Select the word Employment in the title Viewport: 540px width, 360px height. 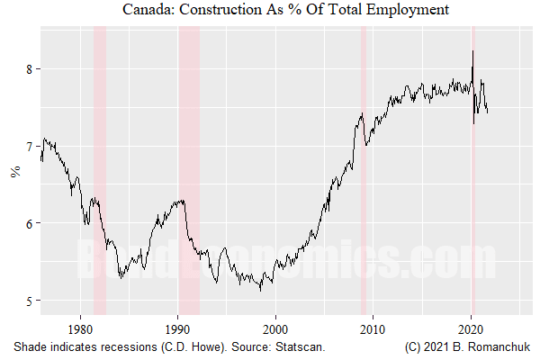coord(403,10)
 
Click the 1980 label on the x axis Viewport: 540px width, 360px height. coord(81,329)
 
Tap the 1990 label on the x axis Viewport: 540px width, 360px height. coord(178,329)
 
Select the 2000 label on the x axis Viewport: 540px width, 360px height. coord(276,329)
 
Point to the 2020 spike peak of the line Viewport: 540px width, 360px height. coord(472,51)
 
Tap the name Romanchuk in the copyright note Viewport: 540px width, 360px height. coord(500,346)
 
